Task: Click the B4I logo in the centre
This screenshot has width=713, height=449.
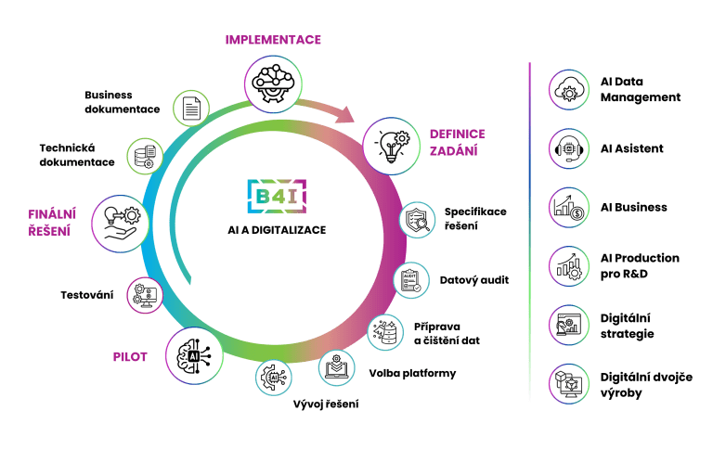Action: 277,197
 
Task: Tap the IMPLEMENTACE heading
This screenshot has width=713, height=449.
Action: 273,40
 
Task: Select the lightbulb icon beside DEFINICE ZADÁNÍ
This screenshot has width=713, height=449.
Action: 392,146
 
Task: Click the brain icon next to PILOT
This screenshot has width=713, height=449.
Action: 194,356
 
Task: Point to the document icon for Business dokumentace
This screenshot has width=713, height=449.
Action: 191,109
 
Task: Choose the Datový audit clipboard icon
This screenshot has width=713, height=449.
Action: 411,280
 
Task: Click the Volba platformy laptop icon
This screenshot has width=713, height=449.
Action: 336,367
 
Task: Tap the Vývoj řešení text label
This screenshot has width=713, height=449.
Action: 326,404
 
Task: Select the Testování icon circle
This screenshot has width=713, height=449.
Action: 145,295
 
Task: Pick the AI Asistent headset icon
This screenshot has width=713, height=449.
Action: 569,148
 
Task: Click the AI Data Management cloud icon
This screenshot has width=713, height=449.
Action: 569,90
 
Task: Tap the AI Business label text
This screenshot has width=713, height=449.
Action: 634,207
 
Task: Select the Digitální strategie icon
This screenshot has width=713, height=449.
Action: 569,326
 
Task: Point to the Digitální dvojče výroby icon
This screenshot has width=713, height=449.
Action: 569,384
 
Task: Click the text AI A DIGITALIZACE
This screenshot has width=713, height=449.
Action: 277,230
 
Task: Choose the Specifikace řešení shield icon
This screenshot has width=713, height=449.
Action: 418,220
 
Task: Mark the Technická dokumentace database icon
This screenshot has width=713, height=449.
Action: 145,157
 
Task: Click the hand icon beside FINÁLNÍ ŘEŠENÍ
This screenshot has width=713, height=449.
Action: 121,224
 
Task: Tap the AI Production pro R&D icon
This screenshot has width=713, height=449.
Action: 569,266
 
